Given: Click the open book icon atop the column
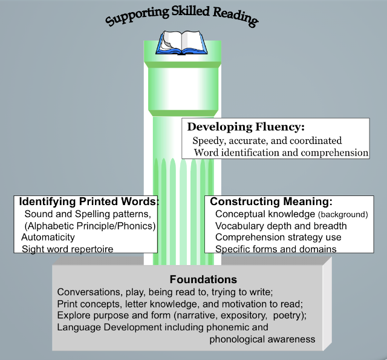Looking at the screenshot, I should click(181, 42).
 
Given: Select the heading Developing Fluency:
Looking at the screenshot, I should click(246, 127).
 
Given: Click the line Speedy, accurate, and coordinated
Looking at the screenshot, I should click(267, 140).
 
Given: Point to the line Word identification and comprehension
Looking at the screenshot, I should click(281, 152).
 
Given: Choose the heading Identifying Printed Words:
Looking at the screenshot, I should click(88, 201).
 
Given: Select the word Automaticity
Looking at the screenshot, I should click(48, 237).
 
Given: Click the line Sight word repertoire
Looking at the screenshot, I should click(68, 249).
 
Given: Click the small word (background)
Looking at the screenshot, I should click(343, 215).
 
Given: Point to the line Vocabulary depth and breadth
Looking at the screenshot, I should click(281, 226).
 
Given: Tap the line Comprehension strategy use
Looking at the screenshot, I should click(278, 237).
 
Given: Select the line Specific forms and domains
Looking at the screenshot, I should click(276, 249).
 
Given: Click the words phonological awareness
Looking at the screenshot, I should click(262, 339).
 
